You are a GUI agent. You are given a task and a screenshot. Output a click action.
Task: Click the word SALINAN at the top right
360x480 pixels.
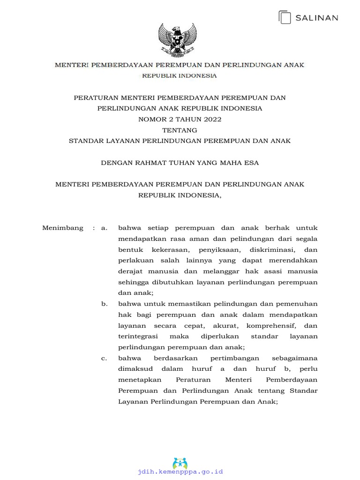click(x=316, y=18)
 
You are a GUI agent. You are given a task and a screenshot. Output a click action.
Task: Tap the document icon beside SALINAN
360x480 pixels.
click(x=285, y=17)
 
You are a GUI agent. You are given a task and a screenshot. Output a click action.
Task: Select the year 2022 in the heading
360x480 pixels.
click(x=212, y=119)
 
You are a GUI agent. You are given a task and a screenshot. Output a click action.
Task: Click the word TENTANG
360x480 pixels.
click(x=180, y=130)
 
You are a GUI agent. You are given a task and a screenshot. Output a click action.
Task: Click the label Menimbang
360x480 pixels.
click(x=63, y=228)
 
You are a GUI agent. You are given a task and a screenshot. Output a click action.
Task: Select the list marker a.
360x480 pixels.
click(x=104, y=228)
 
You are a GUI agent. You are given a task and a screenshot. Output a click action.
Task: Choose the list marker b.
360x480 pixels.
click(x=104, y=304)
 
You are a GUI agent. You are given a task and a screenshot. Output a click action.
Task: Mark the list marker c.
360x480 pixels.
click(x=104, y=358)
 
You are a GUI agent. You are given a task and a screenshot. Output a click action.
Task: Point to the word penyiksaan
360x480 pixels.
click(x=221, y=250)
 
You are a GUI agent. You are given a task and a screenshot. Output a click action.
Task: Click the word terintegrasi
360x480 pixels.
click(x=138, y=336)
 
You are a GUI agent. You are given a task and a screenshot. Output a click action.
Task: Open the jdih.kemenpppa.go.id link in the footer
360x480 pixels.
click(x=180, y=472)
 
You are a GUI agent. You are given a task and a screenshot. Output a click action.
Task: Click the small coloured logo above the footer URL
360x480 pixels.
click(x=180, y=463)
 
